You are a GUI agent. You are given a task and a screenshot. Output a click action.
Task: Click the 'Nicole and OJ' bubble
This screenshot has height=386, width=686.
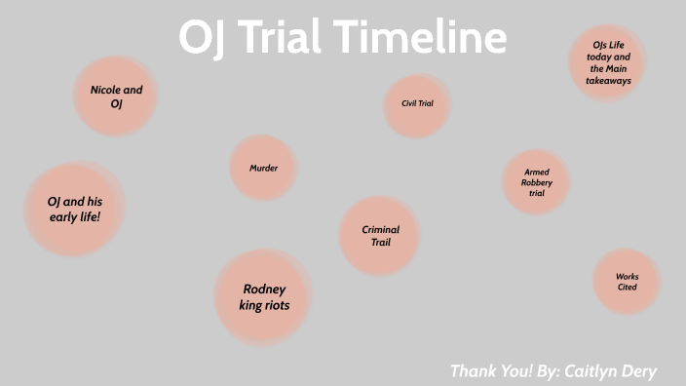(116, 96)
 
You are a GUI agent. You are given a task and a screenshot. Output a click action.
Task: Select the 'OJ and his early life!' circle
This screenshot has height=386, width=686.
(74, 209)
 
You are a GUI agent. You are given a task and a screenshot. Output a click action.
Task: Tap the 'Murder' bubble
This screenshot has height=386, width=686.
(263, 168)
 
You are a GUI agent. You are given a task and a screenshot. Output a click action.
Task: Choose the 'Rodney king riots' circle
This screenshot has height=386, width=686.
(263, 297)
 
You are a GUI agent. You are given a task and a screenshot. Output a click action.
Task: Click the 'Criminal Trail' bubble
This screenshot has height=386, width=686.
(380, 236)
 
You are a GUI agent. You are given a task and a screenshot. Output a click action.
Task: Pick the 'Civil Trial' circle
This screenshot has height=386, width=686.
(417, 102)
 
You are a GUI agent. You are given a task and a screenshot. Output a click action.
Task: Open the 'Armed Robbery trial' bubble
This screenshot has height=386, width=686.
(536, 182)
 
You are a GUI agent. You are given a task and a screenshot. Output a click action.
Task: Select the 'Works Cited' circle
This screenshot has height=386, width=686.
(627, 282)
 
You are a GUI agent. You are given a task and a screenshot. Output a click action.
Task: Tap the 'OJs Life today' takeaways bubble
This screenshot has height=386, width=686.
(608, 62)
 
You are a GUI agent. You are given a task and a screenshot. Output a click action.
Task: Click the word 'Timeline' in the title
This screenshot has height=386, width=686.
(424, 37)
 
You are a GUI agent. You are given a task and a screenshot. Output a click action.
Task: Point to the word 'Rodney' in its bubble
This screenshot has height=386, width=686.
(264, 289)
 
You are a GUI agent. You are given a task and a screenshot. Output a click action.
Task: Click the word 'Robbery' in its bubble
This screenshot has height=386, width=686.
(537, 182)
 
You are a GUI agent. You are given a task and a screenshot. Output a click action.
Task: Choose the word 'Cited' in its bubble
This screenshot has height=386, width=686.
(627, 288)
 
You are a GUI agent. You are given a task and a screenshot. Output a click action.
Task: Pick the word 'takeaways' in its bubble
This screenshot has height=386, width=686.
(608, 81)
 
